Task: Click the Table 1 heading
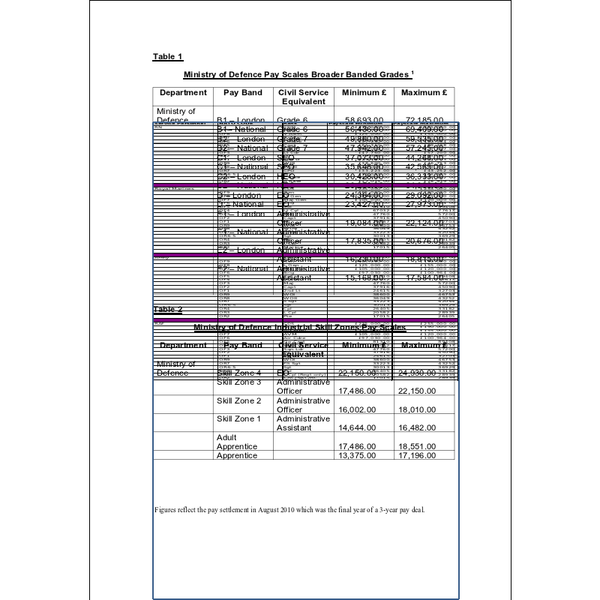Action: (167, 57)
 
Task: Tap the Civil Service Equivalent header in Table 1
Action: (303, 97)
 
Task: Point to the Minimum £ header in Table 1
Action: (364, 93)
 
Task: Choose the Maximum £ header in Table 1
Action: (424, 93)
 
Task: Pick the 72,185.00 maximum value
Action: (424, 119)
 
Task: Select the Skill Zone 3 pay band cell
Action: (238, 382)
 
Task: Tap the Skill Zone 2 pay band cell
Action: (238, 400)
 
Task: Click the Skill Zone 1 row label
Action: (238, 418)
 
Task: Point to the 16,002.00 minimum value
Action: (360, 409)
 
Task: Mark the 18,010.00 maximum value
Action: (418, 409)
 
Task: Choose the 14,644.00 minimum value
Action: (360, 427)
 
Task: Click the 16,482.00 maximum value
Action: (418, 427)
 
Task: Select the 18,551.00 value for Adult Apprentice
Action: (418, 446)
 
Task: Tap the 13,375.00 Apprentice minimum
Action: (360, 455)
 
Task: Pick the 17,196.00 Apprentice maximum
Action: (418, 455)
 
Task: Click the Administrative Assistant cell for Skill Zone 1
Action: (303, 423)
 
